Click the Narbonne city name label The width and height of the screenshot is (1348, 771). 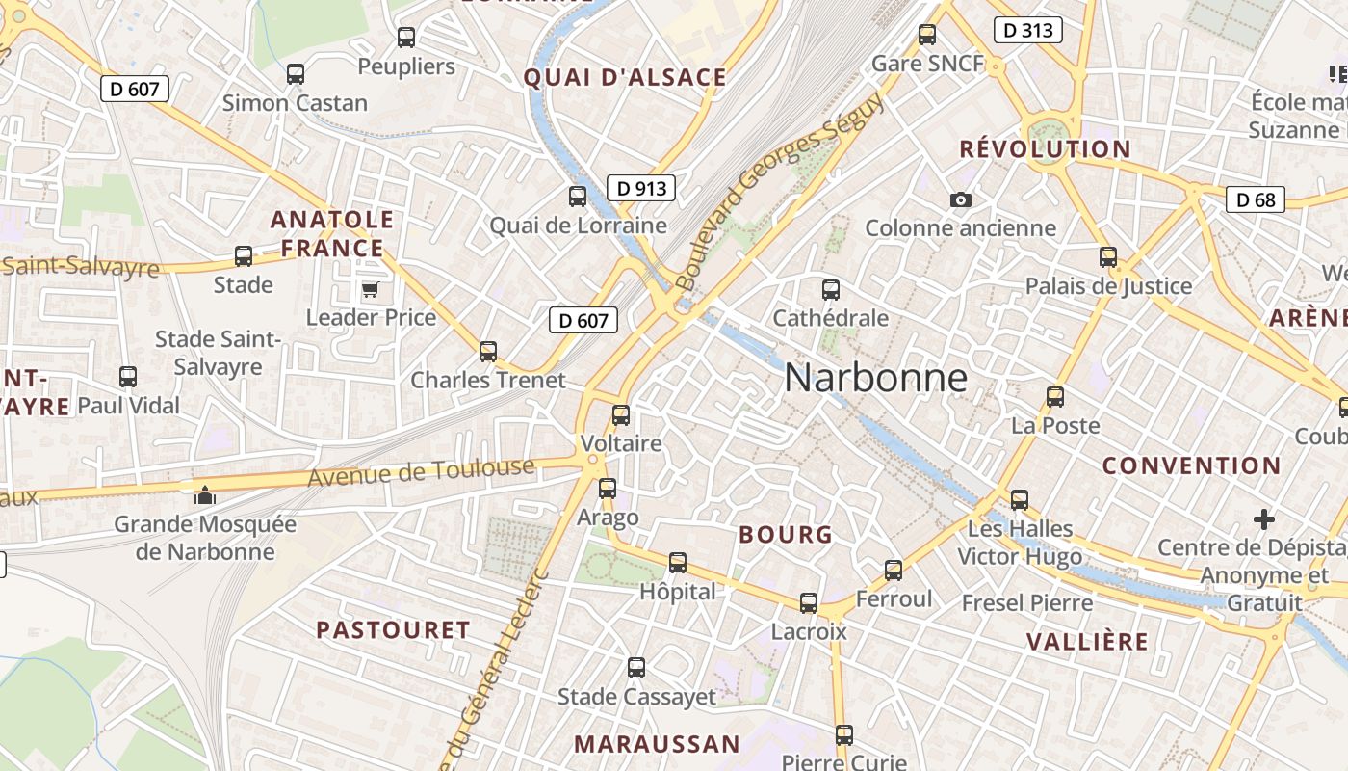[x=875, y=377]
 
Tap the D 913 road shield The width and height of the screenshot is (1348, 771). [x=640, y=188]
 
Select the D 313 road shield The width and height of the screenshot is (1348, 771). [x=1027, y=30]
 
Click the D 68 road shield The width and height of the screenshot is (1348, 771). [x=1256, y=199]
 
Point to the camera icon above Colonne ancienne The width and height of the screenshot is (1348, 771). [x=960, y=199]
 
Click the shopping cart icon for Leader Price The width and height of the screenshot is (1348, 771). [x=370, y=289]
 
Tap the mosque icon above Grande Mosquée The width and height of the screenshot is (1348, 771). [x=204, y=495]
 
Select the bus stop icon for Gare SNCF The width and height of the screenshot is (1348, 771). [x=927, y=35]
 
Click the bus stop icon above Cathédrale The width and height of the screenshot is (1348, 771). [x=830, y=289]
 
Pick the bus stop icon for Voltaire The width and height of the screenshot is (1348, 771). [x=621, y=415]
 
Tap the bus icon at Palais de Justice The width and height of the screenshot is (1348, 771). [x=1108, y=257]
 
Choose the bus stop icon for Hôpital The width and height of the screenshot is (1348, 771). [x=678, y=563]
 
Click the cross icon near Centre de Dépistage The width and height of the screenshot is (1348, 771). [x=1264, y=519]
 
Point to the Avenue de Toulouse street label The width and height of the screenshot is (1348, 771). [x=421, y=472]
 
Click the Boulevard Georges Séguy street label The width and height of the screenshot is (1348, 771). [x=779, y=193]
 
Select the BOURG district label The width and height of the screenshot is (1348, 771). [x=785, y=535]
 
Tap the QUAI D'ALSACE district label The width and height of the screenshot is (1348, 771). [x=625, y=78]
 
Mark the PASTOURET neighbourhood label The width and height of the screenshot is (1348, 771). [x=393, y=630]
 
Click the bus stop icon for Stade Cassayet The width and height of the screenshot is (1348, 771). [x=635, y=667]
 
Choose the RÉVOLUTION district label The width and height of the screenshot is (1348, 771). [x=1045, y=149]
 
